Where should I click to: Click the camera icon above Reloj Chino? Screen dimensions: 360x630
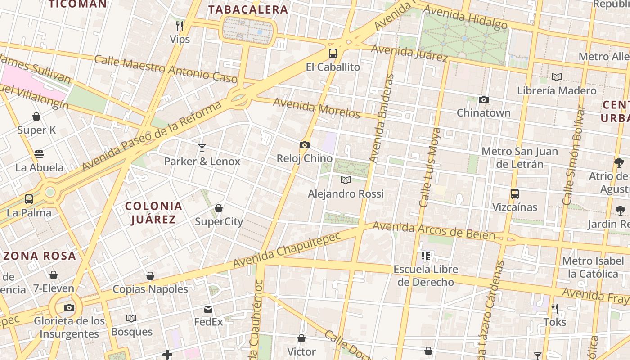(x=305, y=145)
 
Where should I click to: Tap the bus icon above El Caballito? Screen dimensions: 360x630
(x=333, y=54)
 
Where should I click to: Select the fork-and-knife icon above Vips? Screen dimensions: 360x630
(x=180, y=26)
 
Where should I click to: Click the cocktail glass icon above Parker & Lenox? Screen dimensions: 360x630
(x=202, y=148)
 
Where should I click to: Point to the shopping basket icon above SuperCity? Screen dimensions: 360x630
(x=219, y=208)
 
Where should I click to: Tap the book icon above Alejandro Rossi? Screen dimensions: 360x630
(x=346, y=180)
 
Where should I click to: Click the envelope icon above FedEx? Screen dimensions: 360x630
(x=208, y=309)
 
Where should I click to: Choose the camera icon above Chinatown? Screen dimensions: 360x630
(x=484, y=99)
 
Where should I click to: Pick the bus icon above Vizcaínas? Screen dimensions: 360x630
(x=515, y=194)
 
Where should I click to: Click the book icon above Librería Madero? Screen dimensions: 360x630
(x=557, y=77)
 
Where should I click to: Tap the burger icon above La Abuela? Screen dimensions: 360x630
(x=39, y=154)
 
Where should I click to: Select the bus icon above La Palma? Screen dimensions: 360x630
(x=29, y=199)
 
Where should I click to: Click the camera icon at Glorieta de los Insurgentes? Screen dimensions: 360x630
(x=69, y=307)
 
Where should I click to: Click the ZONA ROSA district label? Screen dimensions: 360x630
(x=40, y=256)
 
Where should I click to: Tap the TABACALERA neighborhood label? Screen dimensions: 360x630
(x=248, y=9)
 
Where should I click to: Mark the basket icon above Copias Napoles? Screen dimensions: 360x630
(x=150, y=276)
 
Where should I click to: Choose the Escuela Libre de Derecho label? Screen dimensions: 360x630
(x=426, y=275)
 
